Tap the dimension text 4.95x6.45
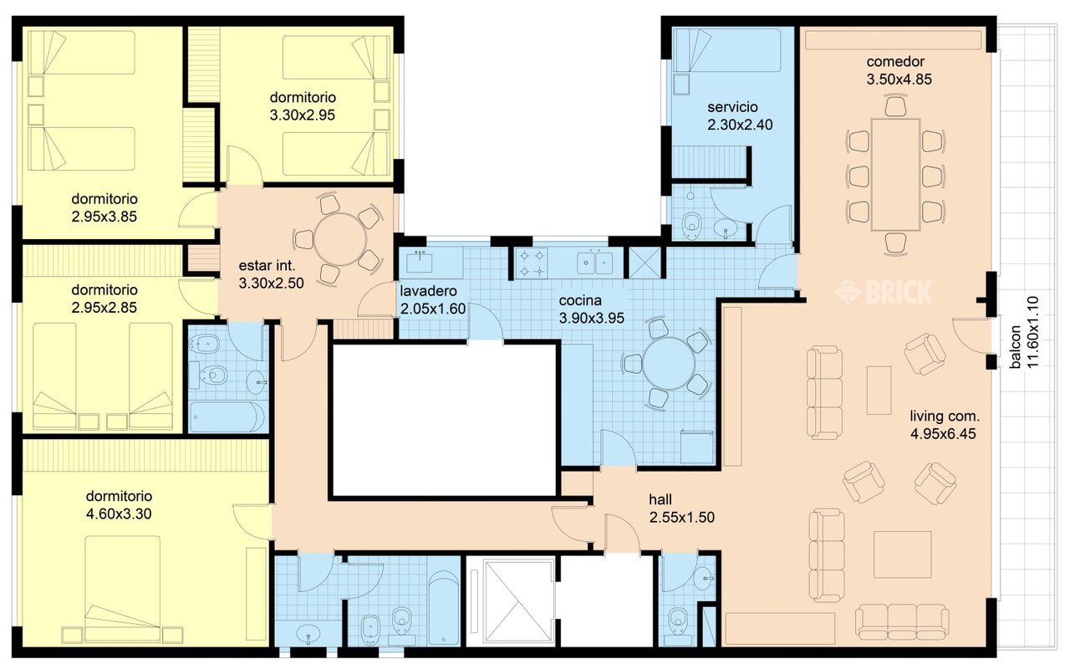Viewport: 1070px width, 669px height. pyautogui.click(x=943, y=434)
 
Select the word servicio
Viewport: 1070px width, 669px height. pyautogui.click(x=732, y=107)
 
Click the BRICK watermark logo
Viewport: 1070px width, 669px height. pyautogui.click(x=884, y=292)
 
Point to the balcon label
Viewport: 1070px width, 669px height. pyautogui.click(x=1015, y=347)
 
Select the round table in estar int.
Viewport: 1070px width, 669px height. pyautogui.click(x=340, y=240)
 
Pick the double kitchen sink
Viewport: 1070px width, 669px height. pyautogui.click(x=594, y=263)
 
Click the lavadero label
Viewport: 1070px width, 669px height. pyautogui.click(x=428, y=291)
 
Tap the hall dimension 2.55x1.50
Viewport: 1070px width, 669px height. pyautogui.click(x=681, y=517)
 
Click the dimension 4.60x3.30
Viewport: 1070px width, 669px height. pyautogui.click(x=119, y=513)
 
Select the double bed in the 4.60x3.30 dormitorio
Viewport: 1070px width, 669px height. pyautogui.click(x=123, y=588)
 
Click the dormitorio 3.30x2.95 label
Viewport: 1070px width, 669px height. pyautogui.click(x=303, y=106)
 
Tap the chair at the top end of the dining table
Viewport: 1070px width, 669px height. pyautogui.click(x=895, y=106)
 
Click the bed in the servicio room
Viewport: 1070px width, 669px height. pyautogui.click(x=726, y=50)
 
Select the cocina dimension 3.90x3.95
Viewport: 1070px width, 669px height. pyautogui.click(x=591, y=319)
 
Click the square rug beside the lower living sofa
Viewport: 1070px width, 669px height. pyautogui.click(x=902, y=554)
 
